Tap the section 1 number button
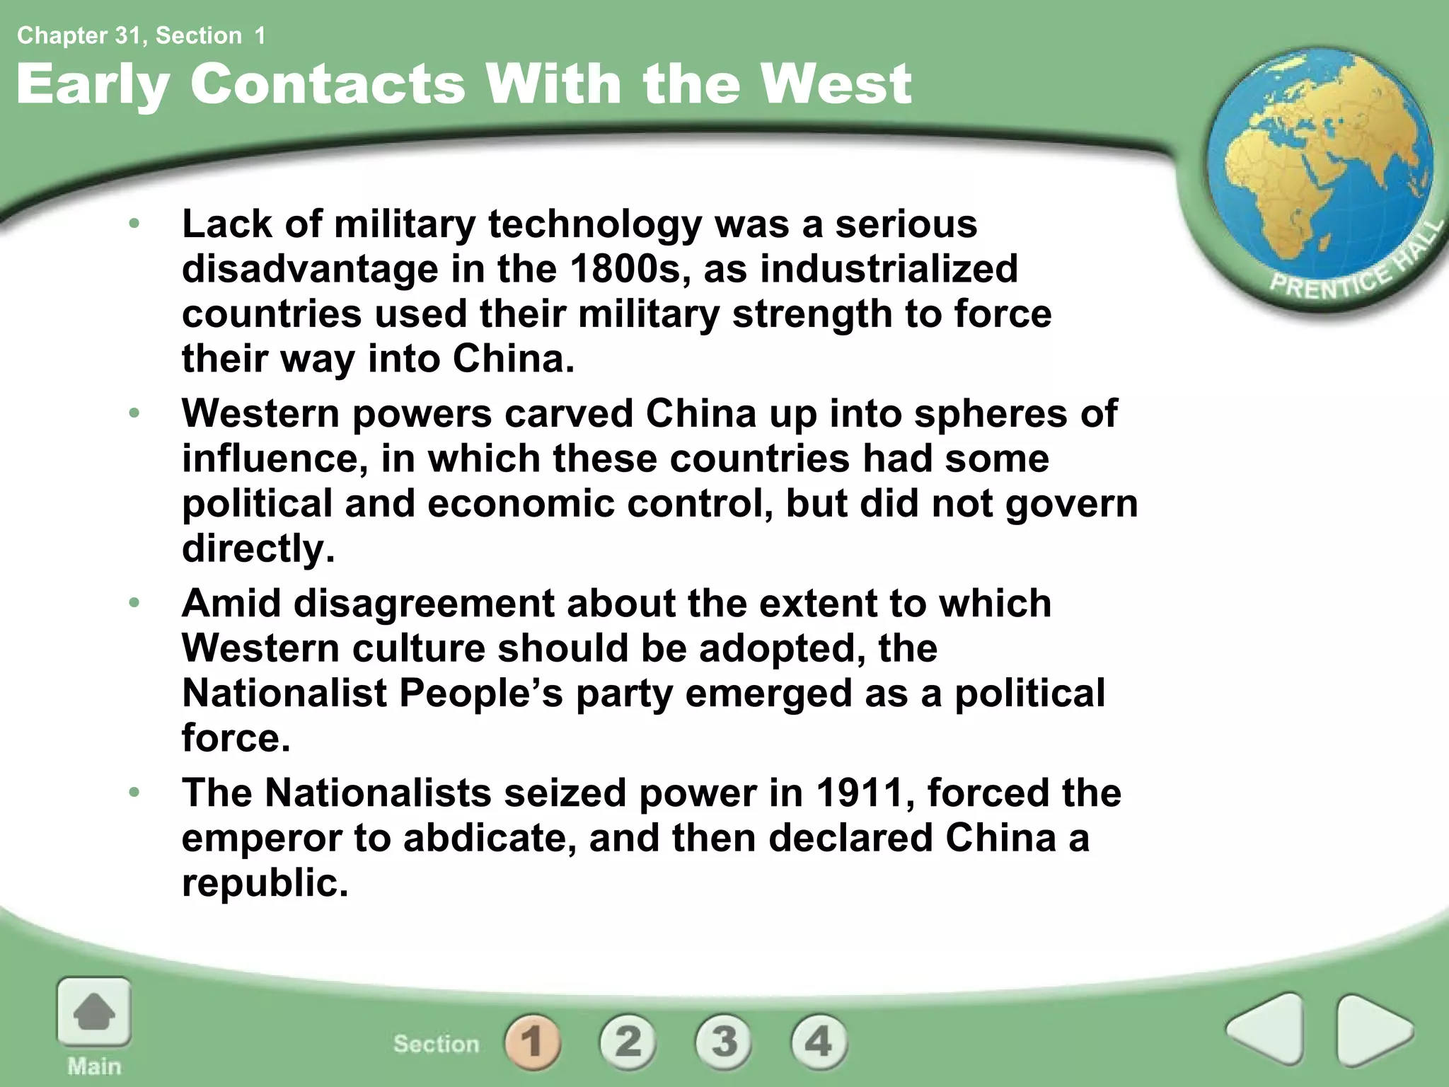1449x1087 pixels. click(x=532, y=1041)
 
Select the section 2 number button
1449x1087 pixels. click(x=628, y=1041)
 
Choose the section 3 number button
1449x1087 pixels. click(x=723, y=1041)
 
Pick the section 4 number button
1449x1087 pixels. click(x=819, y=1041)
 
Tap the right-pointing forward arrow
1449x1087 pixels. click(x=1373, y=1029)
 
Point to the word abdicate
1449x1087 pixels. click(x=488, y=838)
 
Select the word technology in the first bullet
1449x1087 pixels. click(x=594, y=224)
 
